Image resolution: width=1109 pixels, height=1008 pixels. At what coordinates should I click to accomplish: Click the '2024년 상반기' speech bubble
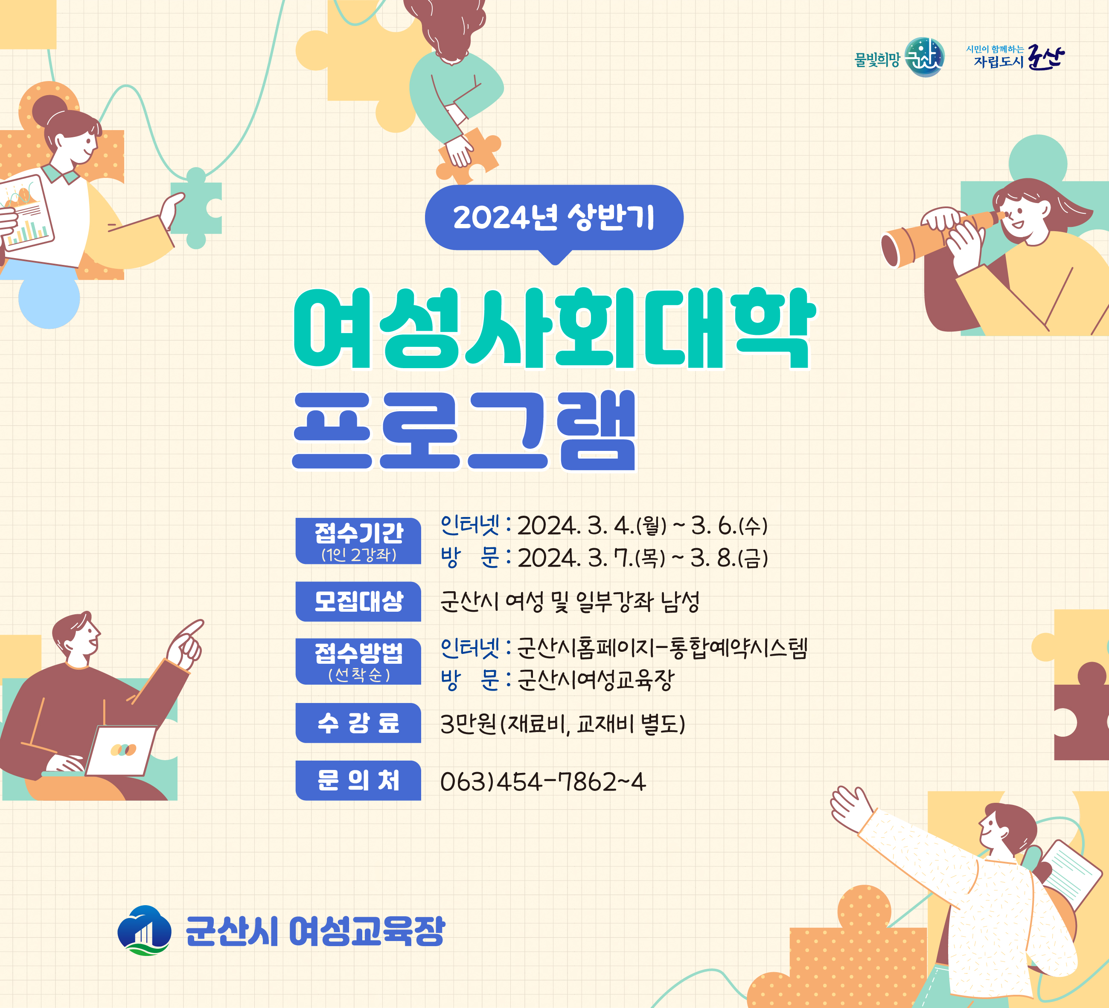(x=554, y=219)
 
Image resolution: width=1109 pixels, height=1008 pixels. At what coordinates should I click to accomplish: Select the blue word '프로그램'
(x=464, y=430)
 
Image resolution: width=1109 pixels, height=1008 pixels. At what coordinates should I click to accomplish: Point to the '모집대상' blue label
(x=358, y=601)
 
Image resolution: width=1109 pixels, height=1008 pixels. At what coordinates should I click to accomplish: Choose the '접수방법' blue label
(x=358, y=662)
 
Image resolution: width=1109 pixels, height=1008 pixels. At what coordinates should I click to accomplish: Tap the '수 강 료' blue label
(x=358, y=723)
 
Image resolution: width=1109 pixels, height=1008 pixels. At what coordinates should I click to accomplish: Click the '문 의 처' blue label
(x=358, y=780)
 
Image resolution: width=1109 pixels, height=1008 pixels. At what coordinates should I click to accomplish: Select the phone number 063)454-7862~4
(x=543, y=781)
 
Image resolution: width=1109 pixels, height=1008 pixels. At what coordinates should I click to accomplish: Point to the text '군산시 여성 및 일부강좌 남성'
(x=570, y=601)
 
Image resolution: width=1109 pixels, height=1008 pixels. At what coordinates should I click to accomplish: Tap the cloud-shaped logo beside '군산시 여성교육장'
(x=144, y=930)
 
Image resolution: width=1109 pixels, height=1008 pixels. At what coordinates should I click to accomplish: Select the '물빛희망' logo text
(x=877, y=59)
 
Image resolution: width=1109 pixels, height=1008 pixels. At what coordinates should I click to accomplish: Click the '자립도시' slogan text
(x=998, y=61)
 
